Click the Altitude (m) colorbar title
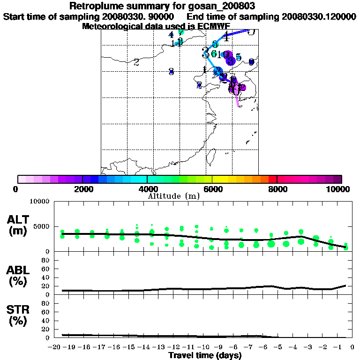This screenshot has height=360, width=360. click(174, 196)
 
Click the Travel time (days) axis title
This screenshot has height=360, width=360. click(204, 355)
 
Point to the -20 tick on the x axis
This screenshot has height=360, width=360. click(55, 347)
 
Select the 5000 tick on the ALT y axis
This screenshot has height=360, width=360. click(42, 226)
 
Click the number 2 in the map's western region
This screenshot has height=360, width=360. click(136, 62)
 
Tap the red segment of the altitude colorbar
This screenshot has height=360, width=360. click(272, 179)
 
